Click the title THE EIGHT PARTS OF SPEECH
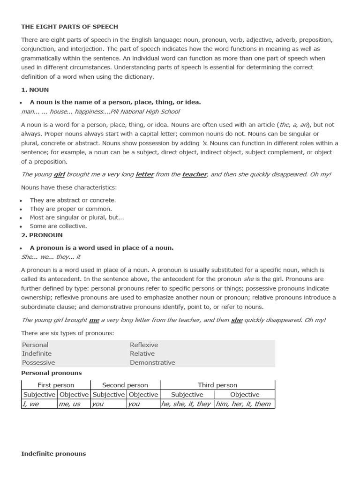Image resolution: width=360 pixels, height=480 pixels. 69,27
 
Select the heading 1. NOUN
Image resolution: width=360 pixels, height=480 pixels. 35,90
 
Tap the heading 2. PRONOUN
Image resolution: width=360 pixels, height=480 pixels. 42,235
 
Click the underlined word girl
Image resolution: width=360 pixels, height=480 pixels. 59,174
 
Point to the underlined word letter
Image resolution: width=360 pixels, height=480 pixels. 144,174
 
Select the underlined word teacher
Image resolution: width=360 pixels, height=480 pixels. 195,174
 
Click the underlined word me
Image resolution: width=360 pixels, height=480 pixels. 94,320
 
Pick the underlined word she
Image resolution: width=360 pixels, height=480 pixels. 237,320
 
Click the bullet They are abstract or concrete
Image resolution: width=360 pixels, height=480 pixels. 73,200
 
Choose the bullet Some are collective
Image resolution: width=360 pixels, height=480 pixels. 58,226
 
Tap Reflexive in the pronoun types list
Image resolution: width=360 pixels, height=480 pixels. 144,345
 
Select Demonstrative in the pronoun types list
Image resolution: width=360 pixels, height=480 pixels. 152,362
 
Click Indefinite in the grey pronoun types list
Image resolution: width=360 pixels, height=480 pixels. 37,353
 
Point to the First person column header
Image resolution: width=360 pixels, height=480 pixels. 56,385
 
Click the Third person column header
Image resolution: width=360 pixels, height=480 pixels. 217,385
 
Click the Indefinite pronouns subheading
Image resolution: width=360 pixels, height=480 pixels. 53,454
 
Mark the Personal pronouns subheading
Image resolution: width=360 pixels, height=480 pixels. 52,373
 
